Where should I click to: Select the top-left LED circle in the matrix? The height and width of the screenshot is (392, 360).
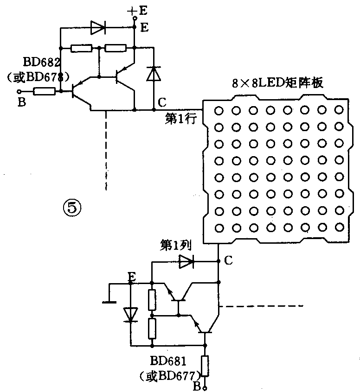click(218, 110)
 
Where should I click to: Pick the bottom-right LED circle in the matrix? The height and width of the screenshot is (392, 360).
click(340, 228)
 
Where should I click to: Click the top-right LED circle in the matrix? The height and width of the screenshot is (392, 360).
click(340, 110)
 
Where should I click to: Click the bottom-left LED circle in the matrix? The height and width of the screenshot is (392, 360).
click(218, 228)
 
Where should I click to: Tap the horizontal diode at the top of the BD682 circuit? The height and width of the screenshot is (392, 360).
click(97, 28)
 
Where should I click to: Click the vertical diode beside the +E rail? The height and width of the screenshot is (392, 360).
click(153, 74)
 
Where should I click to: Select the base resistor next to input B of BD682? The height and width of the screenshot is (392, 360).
click(45, 92)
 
